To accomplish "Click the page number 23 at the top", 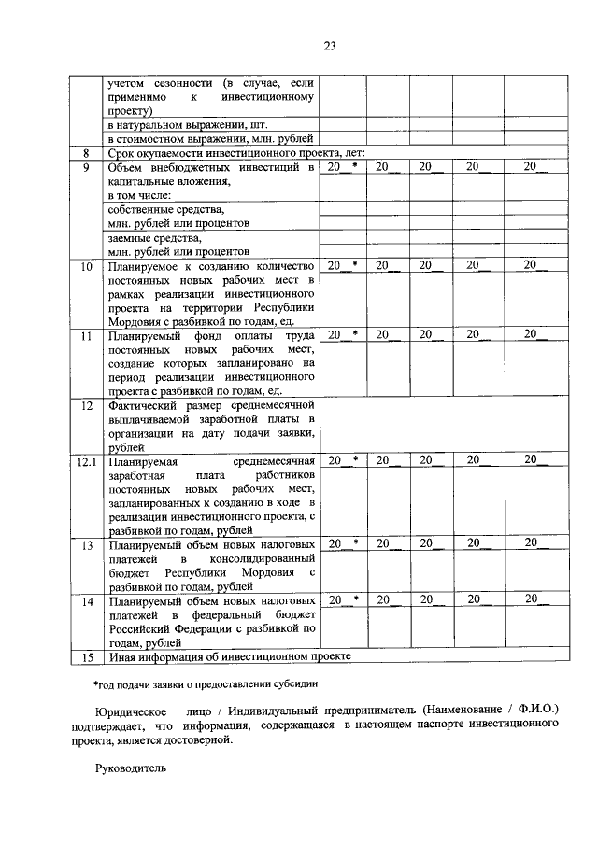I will pyautogui.click(x=329, y=45).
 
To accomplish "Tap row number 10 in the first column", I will pyautogui.click(x=86, y=266).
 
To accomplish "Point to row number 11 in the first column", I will pyautogui.click(x=86, y=335).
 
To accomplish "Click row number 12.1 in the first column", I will pyautogui.click(x=86, y=460).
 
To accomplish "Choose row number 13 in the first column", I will pyautogui.click(x=86, y=543).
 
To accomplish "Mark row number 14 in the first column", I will pyautogui.click(x=86, y=602).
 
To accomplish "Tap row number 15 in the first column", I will pyautogui.click(x=86, y=657).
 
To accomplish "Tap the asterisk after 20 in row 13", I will pyautogui.click(x=355, y=542).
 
